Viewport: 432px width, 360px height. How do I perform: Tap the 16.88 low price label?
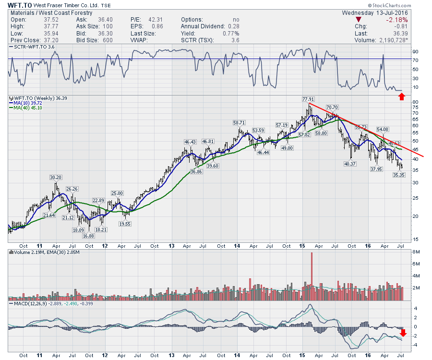tap(88, 235)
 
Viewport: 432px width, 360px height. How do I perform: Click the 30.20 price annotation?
tap(56, 177)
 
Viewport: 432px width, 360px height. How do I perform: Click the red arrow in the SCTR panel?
tap(402, 97)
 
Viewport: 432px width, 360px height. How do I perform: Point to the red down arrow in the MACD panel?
tap(403, 333)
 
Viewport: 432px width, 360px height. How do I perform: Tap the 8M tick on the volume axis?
tap(416, 252)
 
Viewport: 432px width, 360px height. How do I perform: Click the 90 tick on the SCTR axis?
tap(416, 51)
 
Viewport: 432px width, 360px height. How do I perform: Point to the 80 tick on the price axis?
tap(416, 102)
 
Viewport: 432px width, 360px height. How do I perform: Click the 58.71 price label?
tap(239, 123)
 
